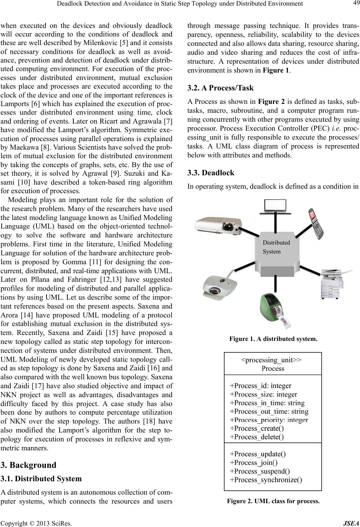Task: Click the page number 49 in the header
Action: pos(354,4)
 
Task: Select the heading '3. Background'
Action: pos(29,465)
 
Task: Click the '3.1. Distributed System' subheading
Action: pos(41,478)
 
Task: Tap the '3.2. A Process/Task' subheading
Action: pos(220,88)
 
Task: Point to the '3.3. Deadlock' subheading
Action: pos(211,172)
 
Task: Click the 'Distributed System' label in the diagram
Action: pos(276,247)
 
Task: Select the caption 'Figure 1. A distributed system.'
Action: pos(273,339)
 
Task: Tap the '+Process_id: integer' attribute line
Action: pos(261,386)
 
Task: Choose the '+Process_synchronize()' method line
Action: pos(266,479)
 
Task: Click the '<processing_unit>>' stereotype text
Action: pos(271,360)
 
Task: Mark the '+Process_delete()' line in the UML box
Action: pos(257,437)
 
